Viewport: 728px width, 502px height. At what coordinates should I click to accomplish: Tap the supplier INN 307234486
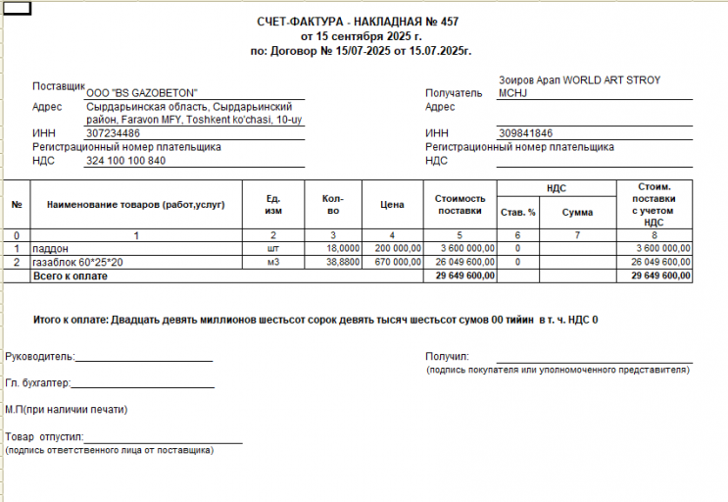point(113,133)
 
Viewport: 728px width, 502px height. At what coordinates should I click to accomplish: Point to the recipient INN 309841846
point(525,133)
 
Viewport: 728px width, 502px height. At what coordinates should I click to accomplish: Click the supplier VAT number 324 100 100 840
point(125,161)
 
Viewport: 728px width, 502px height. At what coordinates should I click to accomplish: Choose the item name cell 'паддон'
point(51,249)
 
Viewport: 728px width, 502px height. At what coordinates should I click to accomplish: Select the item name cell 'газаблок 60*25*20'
point(77,263)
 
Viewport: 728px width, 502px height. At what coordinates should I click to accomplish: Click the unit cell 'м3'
point(273,263)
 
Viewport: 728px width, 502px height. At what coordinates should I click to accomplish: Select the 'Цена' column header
point(391,205)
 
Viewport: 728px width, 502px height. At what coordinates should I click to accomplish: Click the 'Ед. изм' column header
point(273,205)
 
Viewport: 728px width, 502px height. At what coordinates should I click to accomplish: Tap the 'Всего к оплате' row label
point(70,276)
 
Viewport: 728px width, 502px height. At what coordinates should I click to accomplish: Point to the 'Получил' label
point(448,356)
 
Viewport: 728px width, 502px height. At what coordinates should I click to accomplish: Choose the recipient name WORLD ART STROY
point(578,80)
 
